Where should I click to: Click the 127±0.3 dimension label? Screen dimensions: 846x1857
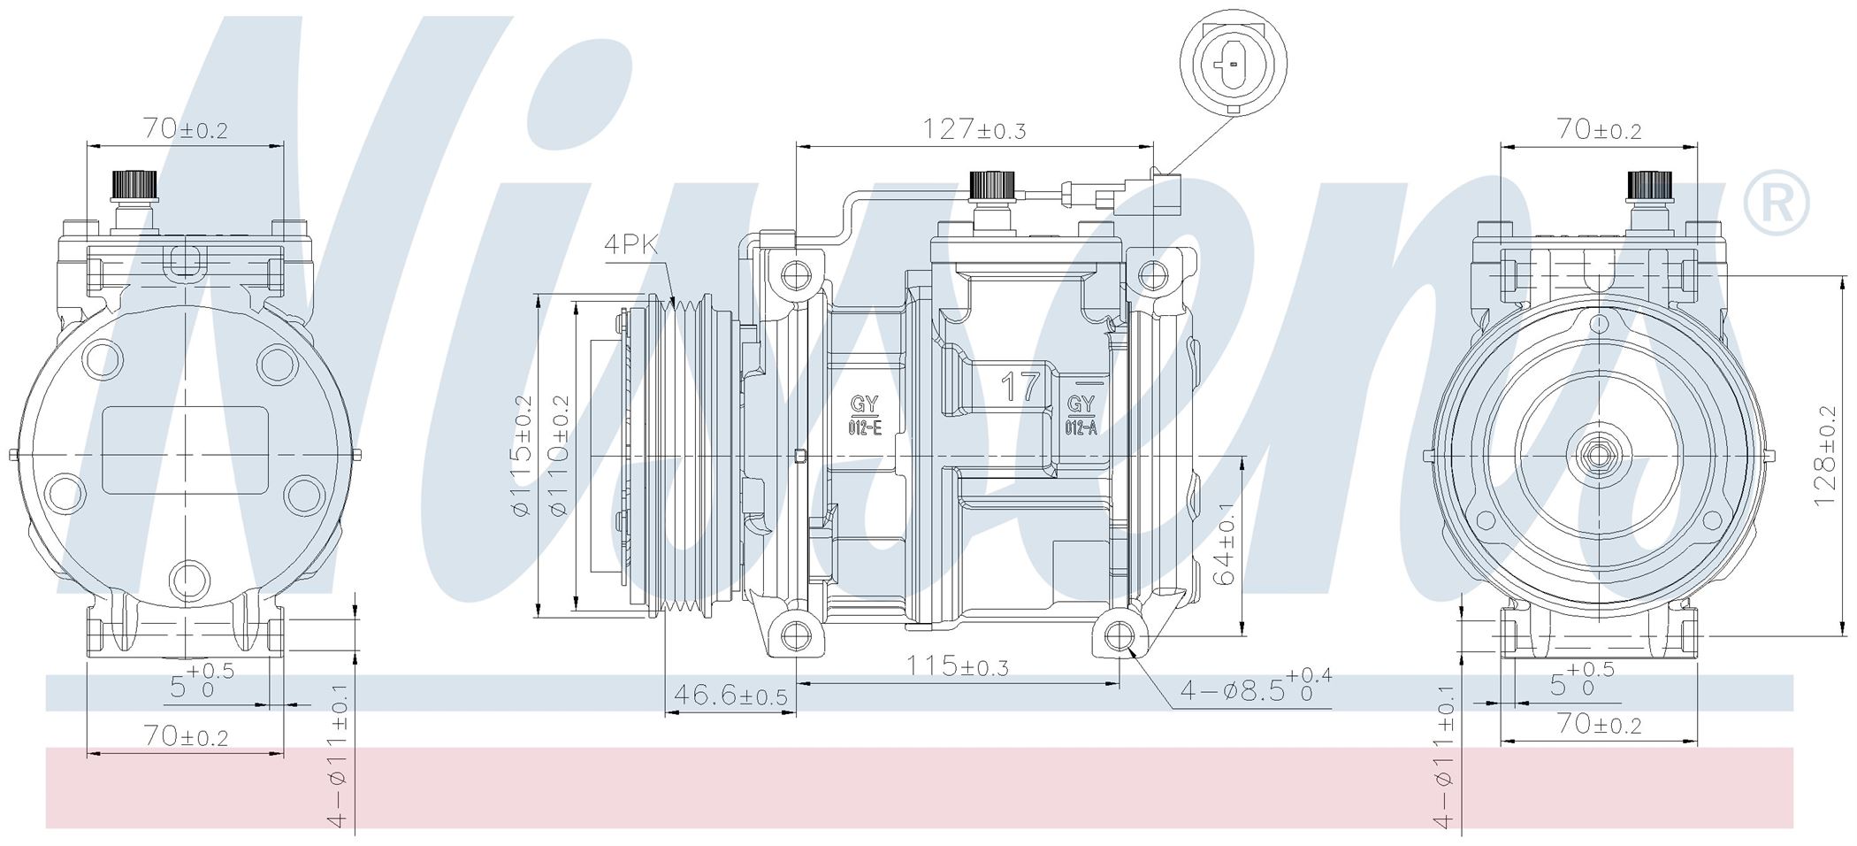(x=974, y=130)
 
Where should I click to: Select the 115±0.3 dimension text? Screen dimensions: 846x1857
(x=957, y=665)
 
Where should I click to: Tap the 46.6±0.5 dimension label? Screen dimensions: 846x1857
(x=730, y=696)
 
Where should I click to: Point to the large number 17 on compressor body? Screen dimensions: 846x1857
(x=1020, y=388)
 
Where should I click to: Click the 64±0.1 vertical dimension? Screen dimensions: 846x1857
(x=1225, y=545)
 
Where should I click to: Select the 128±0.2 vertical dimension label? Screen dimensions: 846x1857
(x=1825, y=457)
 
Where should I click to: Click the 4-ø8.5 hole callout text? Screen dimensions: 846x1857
(x=1254, y=689)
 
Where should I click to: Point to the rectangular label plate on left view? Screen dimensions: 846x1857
(x=186, y=450)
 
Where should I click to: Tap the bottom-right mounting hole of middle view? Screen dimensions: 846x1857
(x=1120, y=636)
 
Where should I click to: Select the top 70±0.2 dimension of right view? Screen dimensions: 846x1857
(x=1599, y=130)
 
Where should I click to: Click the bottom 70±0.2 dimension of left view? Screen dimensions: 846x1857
(x=186, y=736)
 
